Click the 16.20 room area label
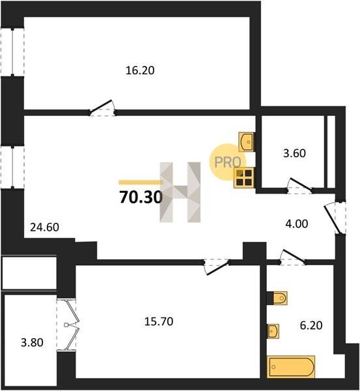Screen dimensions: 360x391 [x=140, y=70]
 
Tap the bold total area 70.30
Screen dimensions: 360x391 [x=141, y=197]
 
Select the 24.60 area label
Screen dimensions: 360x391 [x=44, y=227]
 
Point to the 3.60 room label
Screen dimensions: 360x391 [x=294, y=153]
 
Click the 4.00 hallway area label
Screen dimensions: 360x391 [x=296, y=224]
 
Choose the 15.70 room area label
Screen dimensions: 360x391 [x=159, y=321]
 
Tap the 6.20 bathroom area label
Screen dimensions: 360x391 [x=311, y=325]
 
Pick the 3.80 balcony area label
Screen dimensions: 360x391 [x=32, y=342]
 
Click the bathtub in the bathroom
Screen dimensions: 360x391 [x=291, y=367]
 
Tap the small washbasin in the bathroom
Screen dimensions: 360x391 [x=273, y=331]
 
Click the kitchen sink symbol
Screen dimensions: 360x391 [x=246, y=142]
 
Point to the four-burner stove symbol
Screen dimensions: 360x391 [x=244, y=177]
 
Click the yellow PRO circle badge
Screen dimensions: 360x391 [x=228, y=162]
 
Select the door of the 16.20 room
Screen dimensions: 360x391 [x=103, y=108]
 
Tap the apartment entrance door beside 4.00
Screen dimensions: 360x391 [x=333, y=219]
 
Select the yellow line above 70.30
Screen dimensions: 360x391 [x=141, y=182]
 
